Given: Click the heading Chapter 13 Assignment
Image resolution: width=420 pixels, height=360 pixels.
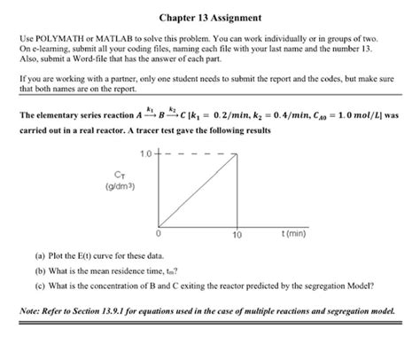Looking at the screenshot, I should (210, 17).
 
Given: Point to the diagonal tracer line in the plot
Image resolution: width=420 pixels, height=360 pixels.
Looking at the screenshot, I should (197, 192).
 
